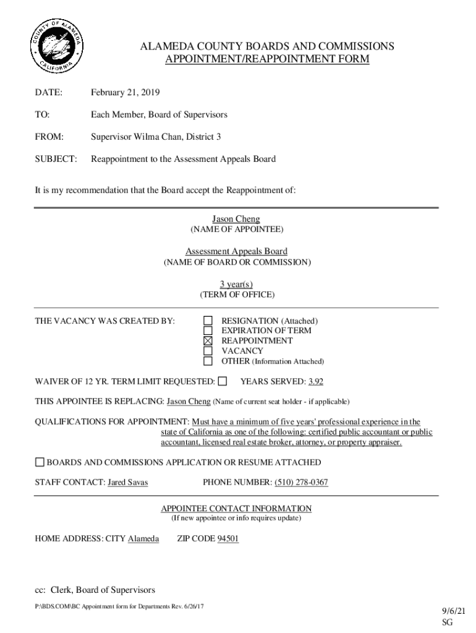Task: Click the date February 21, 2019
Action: [x=125, y=93]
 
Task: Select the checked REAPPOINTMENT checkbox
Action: [x=208, y=341]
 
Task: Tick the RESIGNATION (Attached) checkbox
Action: [x=208, y=320]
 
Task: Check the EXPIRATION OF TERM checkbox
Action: [x=208, y=331]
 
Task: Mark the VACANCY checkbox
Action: [x=208, y=350]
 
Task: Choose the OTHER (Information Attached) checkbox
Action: [x=208, y=361]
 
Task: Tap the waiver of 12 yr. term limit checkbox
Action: [x=223, y=381]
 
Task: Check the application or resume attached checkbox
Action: [x=40, y=462]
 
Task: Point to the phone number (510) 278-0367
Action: [x=302, y=482]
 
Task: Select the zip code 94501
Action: [x=228, y=539]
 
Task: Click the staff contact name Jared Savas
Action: [x=128, y=482]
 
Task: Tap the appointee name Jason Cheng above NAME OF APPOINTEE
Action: [x=236, y=219]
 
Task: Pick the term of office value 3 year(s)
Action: [x=236, y=284]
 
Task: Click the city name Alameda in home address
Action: [x=143, y=539]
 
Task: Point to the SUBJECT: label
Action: [x=56, y=159]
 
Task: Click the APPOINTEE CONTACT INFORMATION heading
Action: [x=236, y=508]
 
